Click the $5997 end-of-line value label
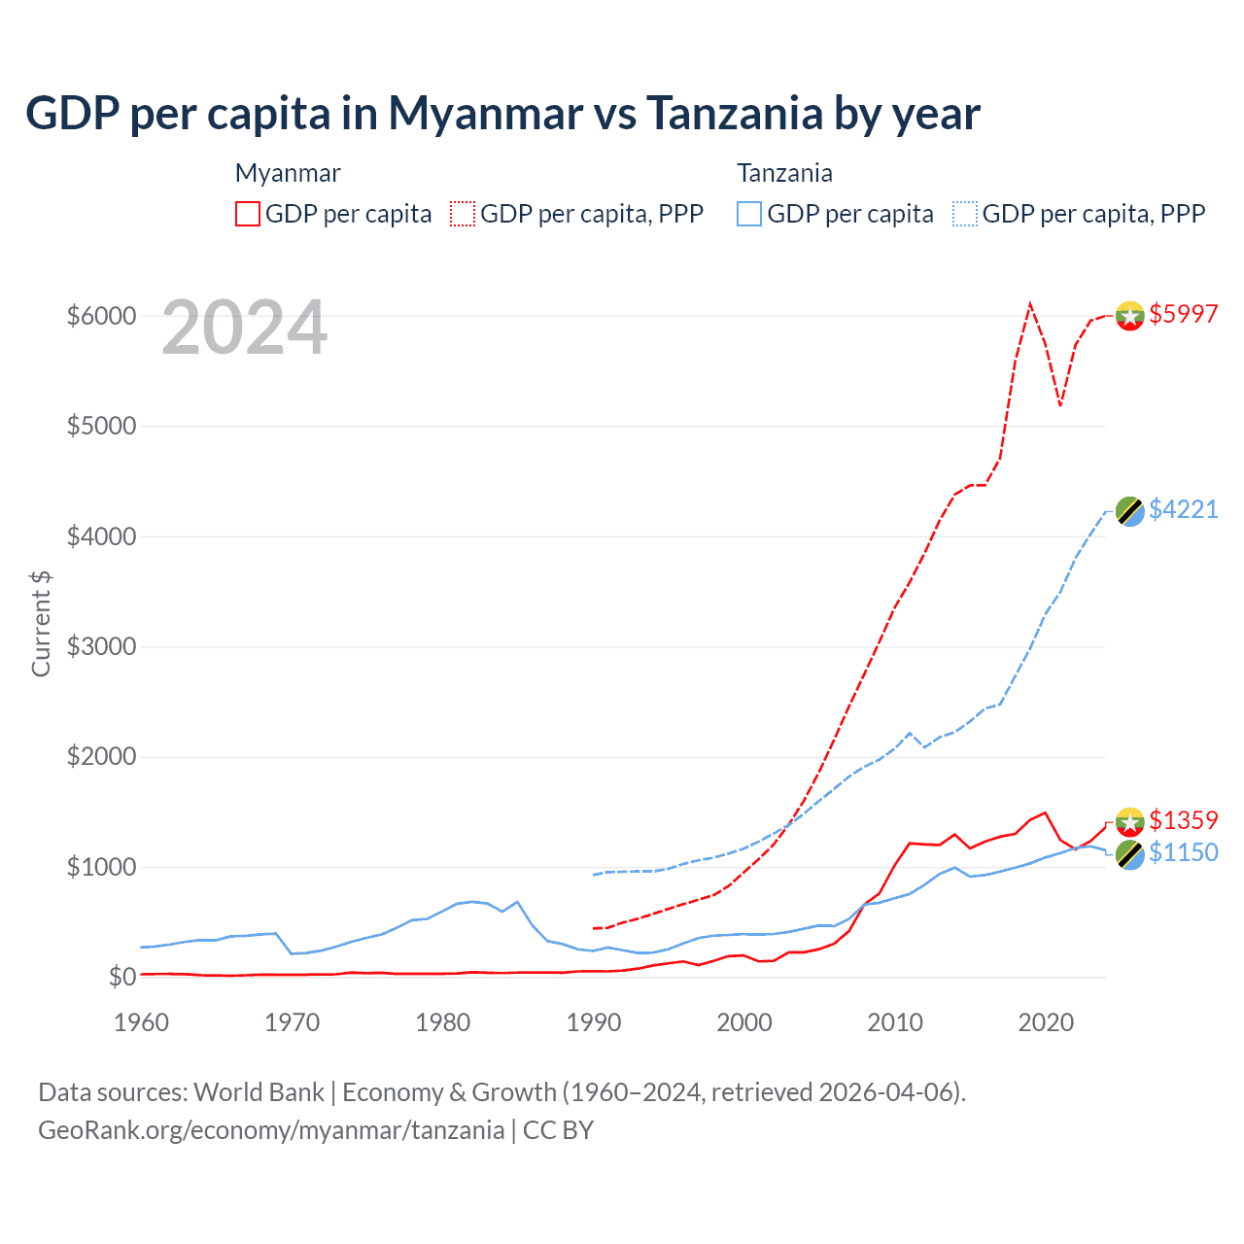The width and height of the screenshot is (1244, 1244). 1183,314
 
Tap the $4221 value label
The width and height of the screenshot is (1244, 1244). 1183,509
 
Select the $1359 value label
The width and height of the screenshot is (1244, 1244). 1183,820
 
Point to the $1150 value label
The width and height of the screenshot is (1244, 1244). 1183,852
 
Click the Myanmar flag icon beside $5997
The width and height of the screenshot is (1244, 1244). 1129,316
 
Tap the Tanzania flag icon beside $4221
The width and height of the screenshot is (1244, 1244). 1129,511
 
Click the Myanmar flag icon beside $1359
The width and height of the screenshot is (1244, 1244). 1129,822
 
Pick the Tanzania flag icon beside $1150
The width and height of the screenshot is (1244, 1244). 1129,855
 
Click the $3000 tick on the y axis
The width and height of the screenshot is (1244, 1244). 101,646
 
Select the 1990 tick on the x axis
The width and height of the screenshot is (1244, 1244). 594,1022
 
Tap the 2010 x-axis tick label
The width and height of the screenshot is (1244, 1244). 895,1022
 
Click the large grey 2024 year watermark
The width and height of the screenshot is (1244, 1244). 244,328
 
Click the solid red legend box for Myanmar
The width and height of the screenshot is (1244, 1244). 248,214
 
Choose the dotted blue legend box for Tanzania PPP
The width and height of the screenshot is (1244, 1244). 965,214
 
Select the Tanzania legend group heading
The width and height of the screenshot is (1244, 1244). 784,173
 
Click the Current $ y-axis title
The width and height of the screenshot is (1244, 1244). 41,623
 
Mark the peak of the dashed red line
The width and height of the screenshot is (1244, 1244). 1030,304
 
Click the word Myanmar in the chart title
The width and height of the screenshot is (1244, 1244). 486,113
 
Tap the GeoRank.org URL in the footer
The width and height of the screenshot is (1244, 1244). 271,1130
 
